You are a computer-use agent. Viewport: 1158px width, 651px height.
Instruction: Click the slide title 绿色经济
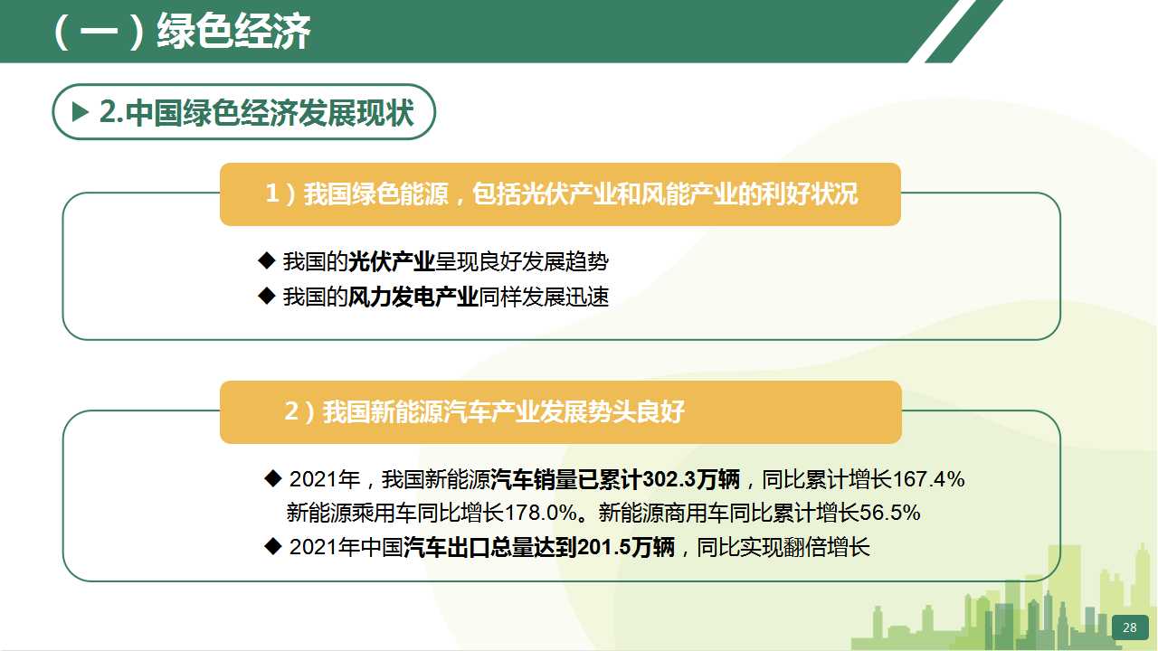click(233, 31)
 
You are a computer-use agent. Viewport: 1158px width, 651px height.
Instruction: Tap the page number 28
click(1130, 627)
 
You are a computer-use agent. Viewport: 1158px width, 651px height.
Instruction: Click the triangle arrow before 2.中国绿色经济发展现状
click(81, 111)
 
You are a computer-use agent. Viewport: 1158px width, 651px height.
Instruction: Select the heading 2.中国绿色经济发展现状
click(256, 112)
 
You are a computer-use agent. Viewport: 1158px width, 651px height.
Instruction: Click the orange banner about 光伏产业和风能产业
click(560, 194)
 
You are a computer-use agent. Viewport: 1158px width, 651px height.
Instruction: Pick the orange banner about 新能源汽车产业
click(561, 412)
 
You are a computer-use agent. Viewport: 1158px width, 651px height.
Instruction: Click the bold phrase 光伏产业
click(392, 261)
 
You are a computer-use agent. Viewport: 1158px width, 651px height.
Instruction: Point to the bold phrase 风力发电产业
click(413, 297)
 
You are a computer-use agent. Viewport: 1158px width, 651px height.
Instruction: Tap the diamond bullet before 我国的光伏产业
click(266, 261)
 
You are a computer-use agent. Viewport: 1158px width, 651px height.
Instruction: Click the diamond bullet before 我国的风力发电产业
click(266, 296)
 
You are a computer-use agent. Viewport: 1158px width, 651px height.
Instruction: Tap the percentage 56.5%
click(889, 513)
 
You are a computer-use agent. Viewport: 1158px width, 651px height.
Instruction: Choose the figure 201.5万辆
click(626, 547)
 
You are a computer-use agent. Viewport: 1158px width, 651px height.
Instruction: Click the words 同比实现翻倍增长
click(783, 547)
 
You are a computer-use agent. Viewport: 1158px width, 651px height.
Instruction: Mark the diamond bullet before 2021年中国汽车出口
click(272, 546)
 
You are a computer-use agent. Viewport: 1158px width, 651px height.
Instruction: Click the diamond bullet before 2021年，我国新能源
click(272, 478)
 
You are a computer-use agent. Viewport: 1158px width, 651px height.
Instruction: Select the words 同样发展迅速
click(544, 297)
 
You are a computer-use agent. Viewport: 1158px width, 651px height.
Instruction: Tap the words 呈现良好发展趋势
click(522, 261)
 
